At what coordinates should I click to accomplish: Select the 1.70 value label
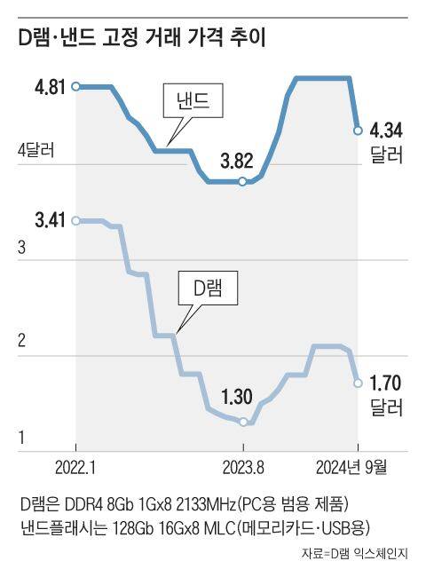pyautogui.click(x=386, y=384)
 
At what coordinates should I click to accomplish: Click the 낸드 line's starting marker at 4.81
pyautogui.click(x=76, y=86)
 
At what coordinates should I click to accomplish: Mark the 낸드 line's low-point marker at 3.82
pyautogui.click(x=241, y=181)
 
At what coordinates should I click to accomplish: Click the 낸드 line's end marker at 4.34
pyautogui.click(x=357, y=130)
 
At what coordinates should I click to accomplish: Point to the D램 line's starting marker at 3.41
pyautogui.click(x=76, y=220)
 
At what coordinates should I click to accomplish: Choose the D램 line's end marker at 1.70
pyautogui.click(x=357, y=383)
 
